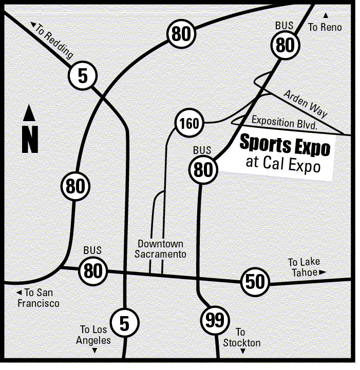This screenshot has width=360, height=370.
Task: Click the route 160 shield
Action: pos(189,124)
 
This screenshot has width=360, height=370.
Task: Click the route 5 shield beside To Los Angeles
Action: pos(124,323)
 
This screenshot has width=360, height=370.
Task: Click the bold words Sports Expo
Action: pos(285,146)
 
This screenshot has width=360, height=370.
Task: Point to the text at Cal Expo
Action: pos(283,165)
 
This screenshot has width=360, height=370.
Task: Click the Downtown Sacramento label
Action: pos(160,249)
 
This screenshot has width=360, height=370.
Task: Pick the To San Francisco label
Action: pos(37,298)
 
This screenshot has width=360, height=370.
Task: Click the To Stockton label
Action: pos(241,338)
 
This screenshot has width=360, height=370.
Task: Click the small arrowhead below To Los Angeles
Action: pos(94,351)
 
